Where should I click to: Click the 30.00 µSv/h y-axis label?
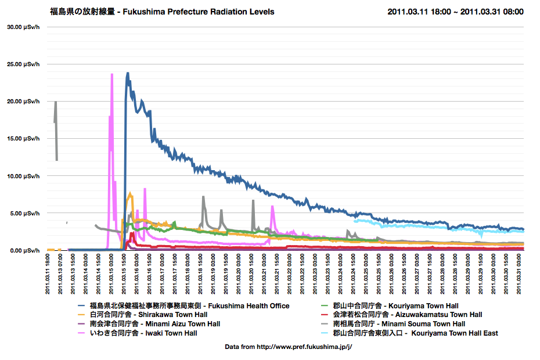click(23, 27)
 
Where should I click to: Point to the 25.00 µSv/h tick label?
click(23, 64)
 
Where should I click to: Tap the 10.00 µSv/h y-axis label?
click(23, 176)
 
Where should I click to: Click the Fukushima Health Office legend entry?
click(189, 305)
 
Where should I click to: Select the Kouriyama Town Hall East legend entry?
click(415, 333)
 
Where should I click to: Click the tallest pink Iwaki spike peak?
click(111, 74)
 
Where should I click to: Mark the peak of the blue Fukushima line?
click(127, 73)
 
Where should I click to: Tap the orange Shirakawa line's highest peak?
click(131, 194)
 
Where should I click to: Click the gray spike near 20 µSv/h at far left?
click(56, 102)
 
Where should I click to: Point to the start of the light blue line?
click(354, 221)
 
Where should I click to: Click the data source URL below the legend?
click(289, 347)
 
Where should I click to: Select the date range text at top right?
click(455, 12)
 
